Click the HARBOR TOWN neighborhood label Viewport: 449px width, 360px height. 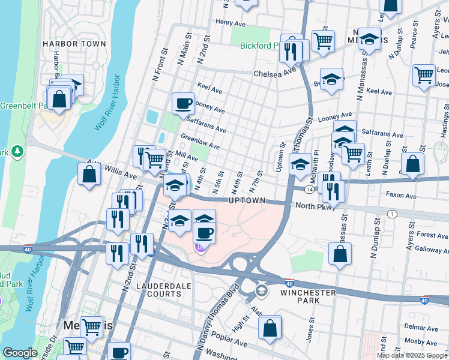[x=74, y=44]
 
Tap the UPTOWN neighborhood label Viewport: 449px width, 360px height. [x=247, y=200]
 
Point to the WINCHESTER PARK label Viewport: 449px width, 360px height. [x=308, y=292]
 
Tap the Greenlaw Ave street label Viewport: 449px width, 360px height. [x=200, y=143]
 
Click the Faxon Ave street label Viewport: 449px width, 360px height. [x=401, y=196]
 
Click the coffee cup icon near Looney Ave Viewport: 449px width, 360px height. [x=183, y=103]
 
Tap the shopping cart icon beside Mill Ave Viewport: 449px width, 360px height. [x=155, y=159]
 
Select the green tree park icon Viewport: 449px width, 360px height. [x=18, y=150]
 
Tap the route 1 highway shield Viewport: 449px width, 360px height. [x=391, y=214]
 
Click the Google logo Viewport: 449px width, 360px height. [x=20, y=353]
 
